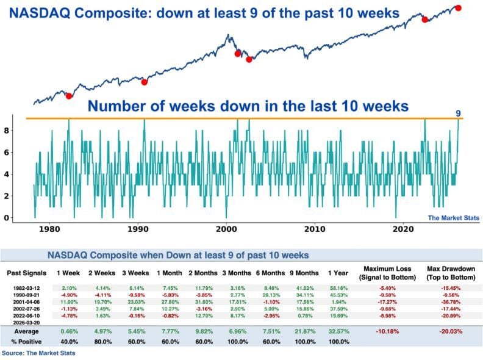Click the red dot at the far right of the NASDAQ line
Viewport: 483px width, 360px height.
pyautogui.click(x=458, y=8)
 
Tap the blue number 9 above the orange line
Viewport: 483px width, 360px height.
pyautogui.click(x=459, y=113)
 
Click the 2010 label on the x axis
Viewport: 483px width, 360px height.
pyautogui.click(x=315, y=229)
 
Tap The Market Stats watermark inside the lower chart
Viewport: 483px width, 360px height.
pyautogui.click(x=453, y=218)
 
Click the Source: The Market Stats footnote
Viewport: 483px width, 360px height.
pyautogui.click(x=38, y=353)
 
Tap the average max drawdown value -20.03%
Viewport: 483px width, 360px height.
pyautogui.click(x=452, y=332)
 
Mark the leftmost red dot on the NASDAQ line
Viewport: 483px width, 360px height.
pyautogui.click(x=69, y=96)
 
